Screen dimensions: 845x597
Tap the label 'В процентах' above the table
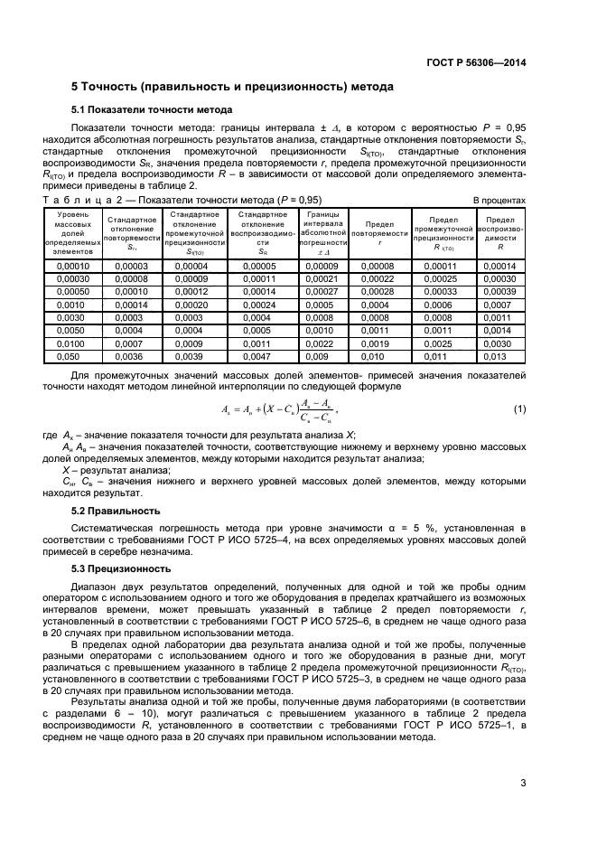[499, 199]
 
